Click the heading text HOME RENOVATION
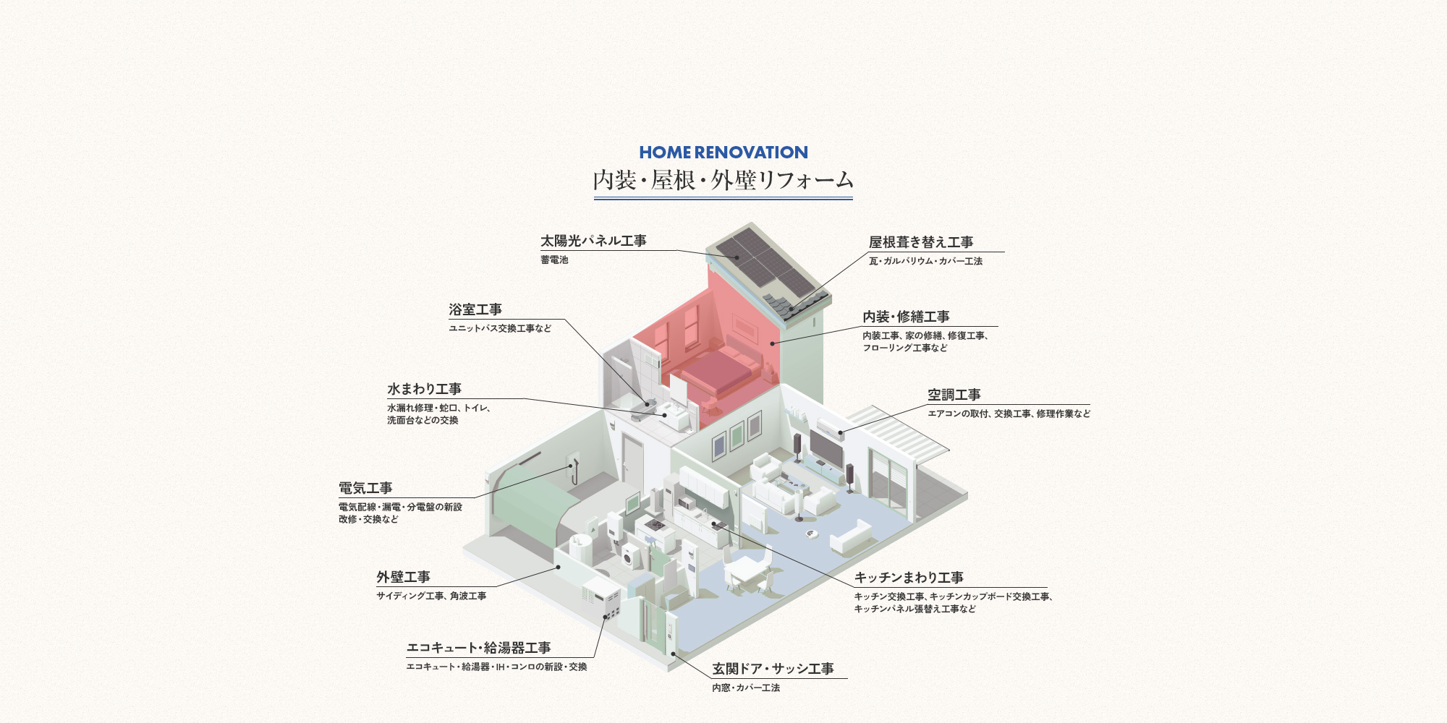pyautogui.click(x=723, y=153)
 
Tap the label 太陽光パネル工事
pyautogui.click(x=593, y=241)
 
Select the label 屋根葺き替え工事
pyautogui.click(x=921, y=242)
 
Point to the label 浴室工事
pyautogui.click(x=475, y=309)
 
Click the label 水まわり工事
pyautogui.click(x=424, y=389)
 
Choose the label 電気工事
pyautogui.click(x=365, y=488)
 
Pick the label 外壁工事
pyautogui.click(x=403, y=577)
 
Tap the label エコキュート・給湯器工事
pyautogui.click(x=479, y=648)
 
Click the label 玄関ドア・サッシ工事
pyautogui.click(x=773, y=669)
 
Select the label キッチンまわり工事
pyautogui.click(x=909, y=578)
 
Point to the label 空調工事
pyautogui.click(x=954, y=395)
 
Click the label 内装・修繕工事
pyautogui.click(x=906, y=317)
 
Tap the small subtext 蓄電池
pyautogui.click(x=554, y=260)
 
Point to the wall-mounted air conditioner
pyautogui.click(x=830, y=429)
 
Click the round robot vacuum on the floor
pyautogui.click(x=812, y=534)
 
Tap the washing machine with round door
pyautogui.click(x=632, y=557)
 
